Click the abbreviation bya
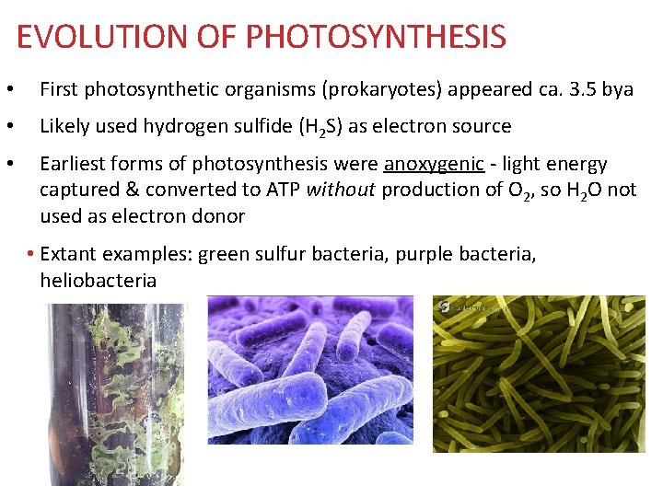coord(618,89)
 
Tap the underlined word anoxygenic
coord(434,164)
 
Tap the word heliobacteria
coord(99,280)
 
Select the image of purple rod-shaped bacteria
coord(310,369)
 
